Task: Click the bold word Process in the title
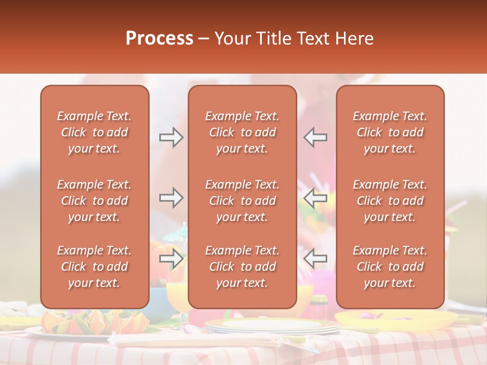tap(159, 39)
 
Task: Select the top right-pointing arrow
tap(171, 137)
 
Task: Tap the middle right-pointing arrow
tap(171, 198)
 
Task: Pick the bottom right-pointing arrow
tap(171, 259)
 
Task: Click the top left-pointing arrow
tap(315, 137)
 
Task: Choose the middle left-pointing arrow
tap(315, 198)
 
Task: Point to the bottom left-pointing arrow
tap(315, 259)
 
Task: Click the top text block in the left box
tap(94, 132)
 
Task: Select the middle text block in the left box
tap(94, 201)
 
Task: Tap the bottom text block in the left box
tap(94, 267)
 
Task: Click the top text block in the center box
tap(242, 132)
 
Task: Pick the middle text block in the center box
tap(242, 201)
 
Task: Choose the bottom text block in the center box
tap(242, 267)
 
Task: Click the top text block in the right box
tap(390, 132)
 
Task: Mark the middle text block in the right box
tap(390, 201)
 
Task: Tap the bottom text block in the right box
tap(390, 267)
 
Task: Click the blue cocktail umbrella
tap(177, 232)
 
